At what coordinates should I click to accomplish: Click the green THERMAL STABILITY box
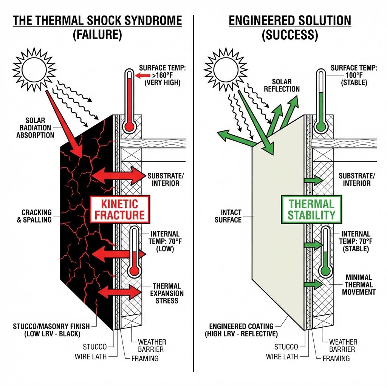click(311, 209)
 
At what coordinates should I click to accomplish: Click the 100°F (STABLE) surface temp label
click(354, 75)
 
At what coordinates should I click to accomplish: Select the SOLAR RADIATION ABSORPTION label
click(35, 127)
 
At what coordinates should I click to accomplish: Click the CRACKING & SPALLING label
click(34, 216)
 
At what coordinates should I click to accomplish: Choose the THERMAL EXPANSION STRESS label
click(167, 293)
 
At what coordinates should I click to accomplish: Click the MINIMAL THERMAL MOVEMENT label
click(358, 285)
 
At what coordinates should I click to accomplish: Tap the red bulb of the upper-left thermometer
click(129, 126)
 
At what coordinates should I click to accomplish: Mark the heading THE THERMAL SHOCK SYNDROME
click(97, 21)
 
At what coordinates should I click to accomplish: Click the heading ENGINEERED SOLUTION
click(290, 21)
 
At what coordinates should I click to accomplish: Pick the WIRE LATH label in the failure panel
click(91, 356)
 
